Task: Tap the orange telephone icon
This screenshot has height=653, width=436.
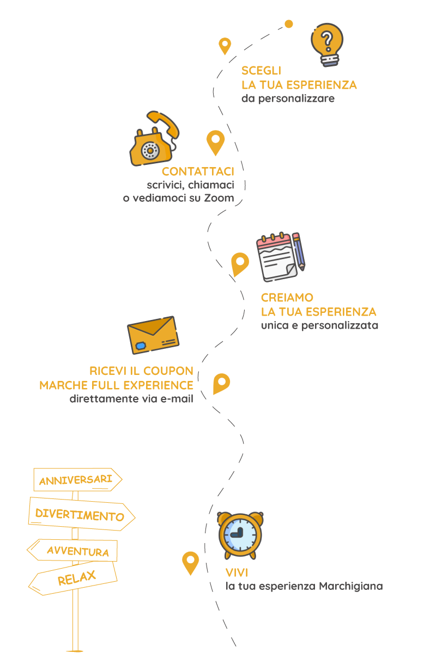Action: point(153,141)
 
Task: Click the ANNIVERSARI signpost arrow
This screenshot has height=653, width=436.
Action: point(77,480)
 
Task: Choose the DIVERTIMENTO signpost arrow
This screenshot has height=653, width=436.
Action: point(81,515)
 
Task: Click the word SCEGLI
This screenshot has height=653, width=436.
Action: point(261,71)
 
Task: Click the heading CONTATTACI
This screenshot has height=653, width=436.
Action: point(198,171)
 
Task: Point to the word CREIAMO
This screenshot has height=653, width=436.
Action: point(287,298)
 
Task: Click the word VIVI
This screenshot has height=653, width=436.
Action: point(237,572)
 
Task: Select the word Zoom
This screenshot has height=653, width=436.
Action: point(219,198)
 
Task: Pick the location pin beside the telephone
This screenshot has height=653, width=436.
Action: point(215,141)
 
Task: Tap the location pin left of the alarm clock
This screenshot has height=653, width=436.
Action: point(190,562)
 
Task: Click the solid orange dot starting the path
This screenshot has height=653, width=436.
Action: point(289,24)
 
